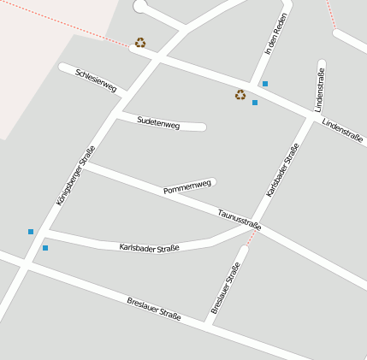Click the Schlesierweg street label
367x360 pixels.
click(x=96, y=80)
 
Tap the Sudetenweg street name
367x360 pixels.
click(x=158, y=123)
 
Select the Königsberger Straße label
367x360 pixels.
click(x=75, y=175)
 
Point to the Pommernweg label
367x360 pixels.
click(x=186, y=187)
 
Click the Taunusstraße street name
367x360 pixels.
click(x=239, y=220)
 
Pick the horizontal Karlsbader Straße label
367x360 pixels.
click(x=149, y=248)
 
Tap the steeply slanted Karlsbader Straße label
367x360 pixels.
click(x=282, y=170)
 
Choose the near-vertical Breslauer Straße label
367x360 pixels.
click(x=224, y=287)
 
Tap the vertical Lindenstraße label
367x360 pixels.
click(x=320, y=91)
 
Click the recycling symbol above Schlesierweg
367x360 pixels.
click(x=140, y=42)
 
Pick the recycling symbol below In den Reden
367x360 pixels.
click(x=240, y=95)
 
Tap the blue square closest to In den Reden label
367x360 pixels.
click(x=265, y=84)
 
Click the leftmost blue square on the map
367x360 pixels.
click(x=31, y=232)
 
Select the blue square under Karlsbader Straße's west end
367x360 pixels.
click(x=45, y=248)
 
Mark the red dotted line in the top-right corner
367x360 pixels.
click(x=330, y=13)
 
